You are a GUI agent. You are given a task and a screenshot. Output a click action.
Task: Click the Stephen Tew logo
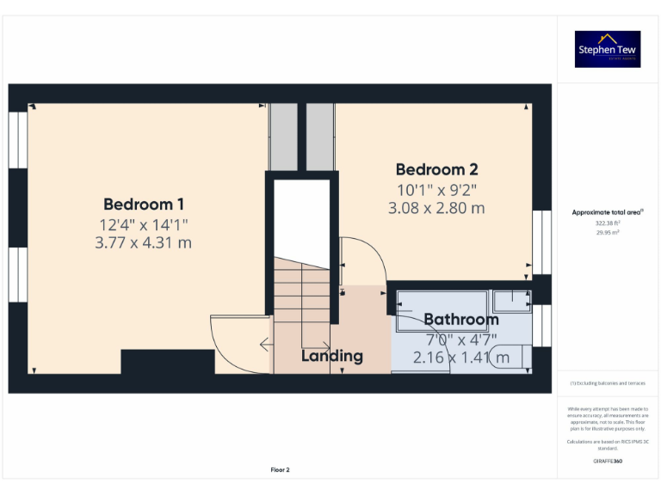608,49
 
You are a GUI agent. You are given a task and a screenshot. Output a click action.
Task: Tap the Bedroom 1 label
144,205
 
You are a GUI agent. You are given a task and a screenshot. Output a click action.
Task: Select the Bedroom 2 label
436,169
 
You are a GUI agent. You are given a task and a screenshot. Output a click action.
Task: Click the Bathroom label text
460,320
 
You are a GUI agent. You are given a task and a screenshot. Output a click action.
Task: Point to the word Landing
331,356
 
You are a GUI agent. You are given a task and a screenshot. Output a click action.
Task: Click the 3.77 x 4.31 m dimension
144,243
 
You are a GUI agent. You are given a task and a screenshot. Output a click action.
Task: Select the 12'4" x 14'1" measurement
144,225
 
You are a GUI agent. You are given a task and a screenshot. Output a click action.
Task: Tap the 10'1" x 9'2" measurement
436,189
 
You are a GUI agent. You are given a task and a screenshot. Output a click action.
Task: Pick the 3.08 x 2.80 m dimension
436,208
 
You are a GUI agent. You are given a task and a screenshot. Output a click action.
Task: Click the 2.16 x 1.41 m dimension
460,357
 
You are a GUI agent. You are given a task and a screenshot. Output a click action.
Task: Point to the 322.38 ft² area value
608,222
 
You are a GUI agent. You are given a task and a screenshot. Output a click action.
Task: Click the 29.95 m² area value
608,231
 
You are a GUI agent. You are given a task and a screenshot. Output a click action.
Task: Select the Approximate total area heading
608,211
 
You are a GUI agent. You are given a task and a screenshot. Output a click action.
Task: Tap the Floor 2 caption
281,470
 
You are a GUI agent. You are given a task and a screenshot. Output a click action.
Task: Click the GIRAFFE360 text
608,461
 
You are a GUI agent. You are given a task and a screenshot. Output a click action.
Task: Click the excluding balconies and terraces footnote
608,383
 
